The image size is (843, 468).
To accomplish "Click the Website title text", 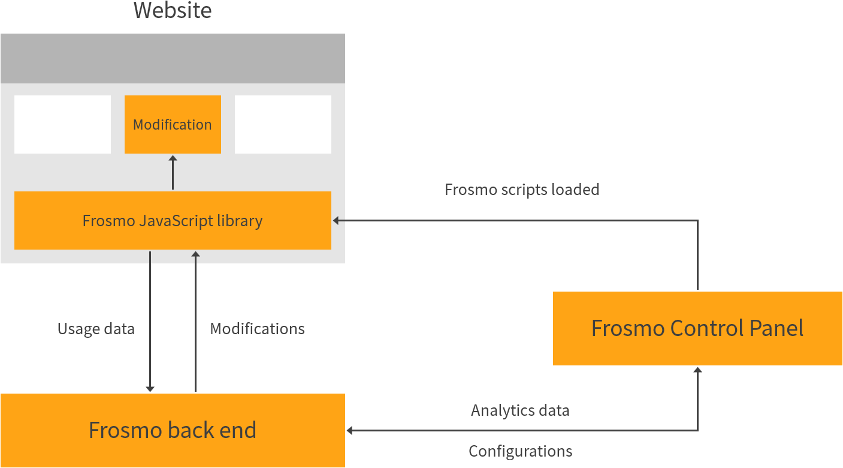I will tap(173, 11).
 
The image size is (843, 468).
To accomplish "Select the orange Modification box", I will tap(173, 125).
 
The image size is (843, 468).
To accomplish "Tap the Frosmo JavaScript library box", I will tap(173, 220).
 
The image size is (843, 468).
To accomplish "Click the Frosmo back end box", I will tap(173, 430).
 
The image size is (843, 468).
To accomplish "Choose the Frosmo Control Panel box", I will tap(697, 328).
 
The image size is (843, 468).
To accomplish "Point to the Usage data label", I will tap(96, 329).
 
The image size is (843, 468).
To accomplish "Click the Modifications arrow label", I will tap(257, 329).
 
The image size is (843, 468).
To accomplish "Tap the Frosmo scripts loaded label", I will tap(521, 190).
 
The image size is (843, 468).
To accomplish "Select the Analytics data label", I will tap(520, 410).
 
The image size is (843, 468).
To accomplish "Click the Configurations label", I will tap(520, 451).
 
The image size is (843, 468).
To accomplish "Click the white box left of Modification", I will tap(62, 124).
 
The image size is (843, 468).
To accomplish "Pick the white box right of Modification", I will tap(283, 124).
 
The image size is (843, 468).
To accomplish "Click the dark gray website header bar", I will tap(173, 58).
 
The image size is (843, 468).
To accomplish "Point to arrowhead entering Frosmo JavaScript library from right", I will tap(336, 221).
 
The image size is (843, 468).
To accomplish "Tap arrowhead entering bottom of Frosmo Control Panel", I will tap(697, 370).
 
